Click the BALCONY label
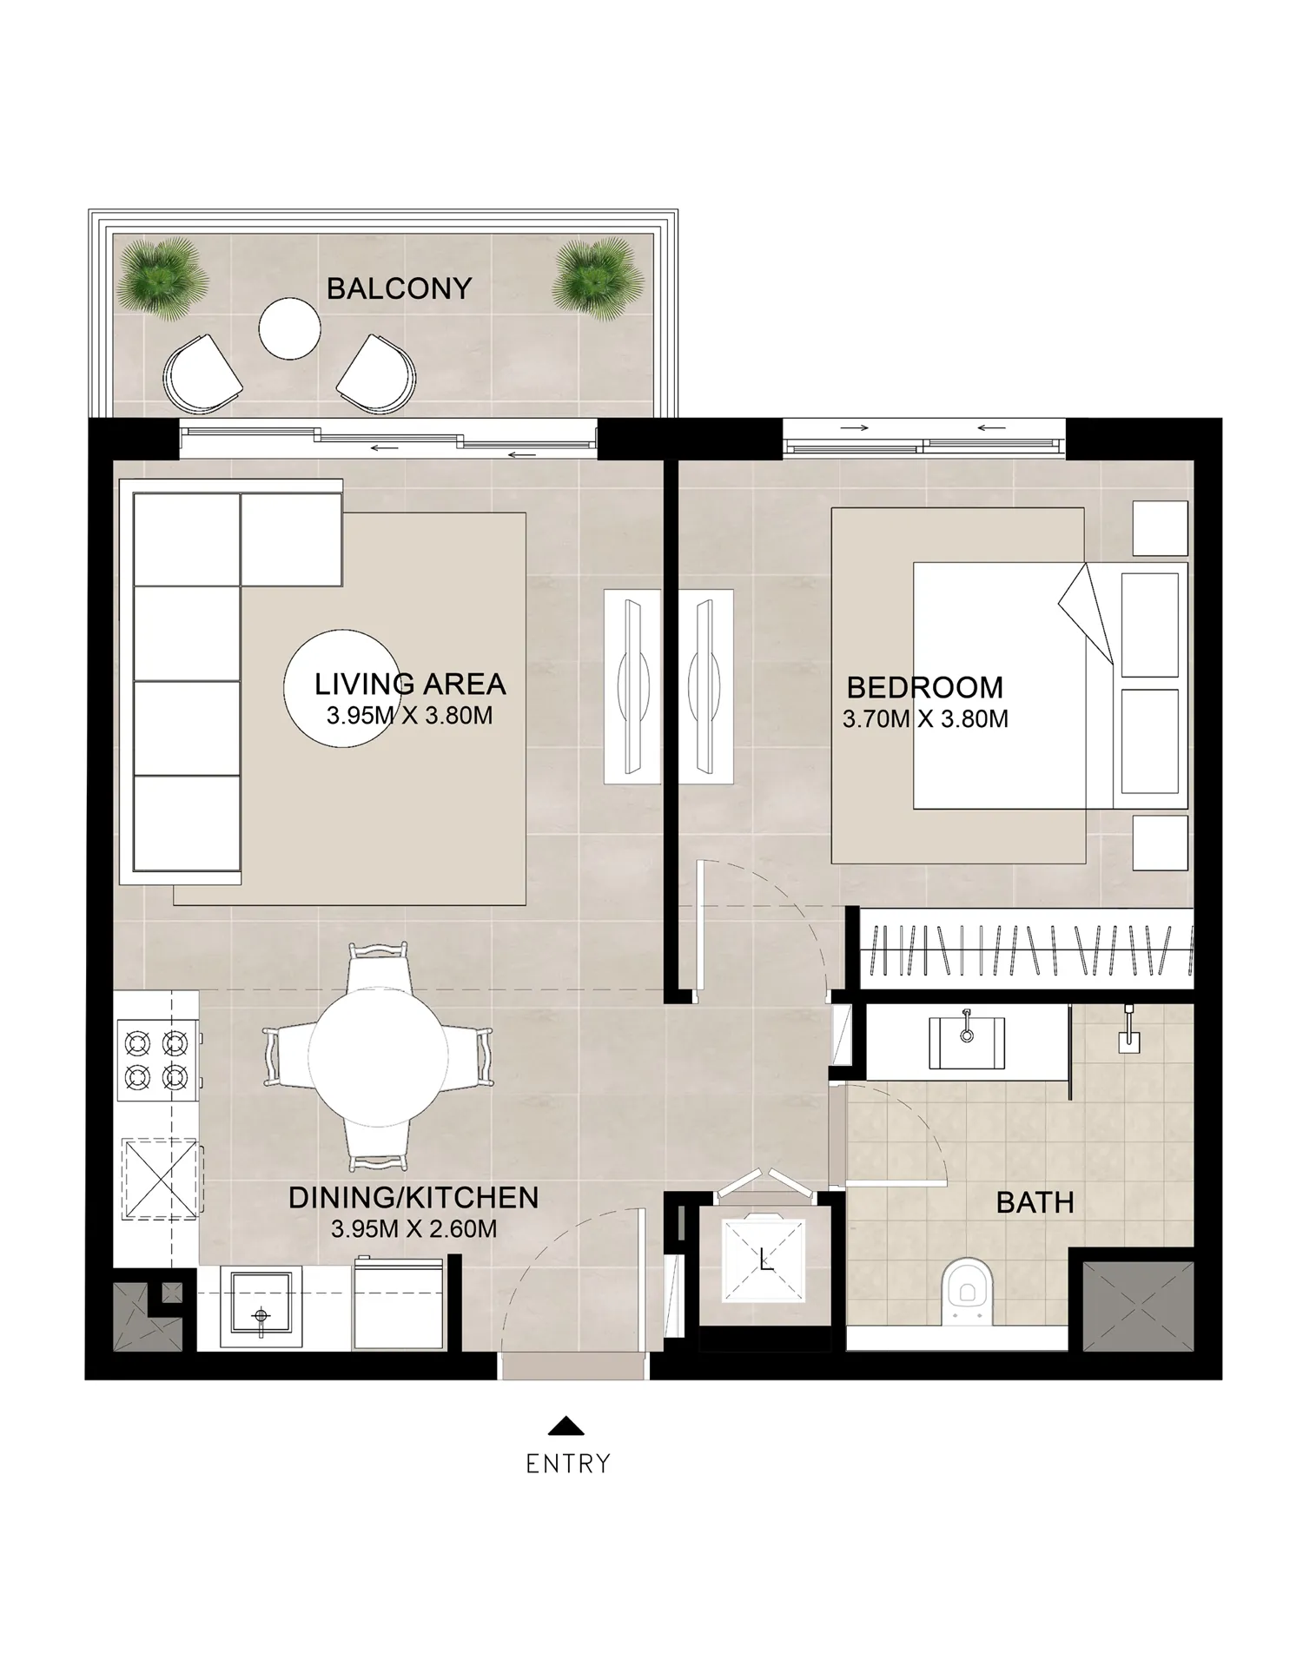tap(399, 288)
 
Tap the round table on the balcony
tap(289, 328)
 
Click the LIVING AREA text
tap(410, 685)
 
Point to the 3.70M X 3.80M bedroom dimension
tap(925, 719)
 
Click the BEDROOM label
tap(925, 688)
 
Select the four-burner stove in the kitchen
tap(157, 1060)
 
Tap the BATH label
tap(1035, 1203)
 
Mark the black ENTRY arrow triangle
tap(566, 1426)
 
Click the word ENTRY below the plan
tap(568, 1464)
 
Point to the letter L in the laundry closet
tap(765, 1260)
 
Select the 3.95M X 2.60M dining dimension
tap(413, 1229)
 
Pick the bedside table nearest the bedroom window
tap(1160, 528)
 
